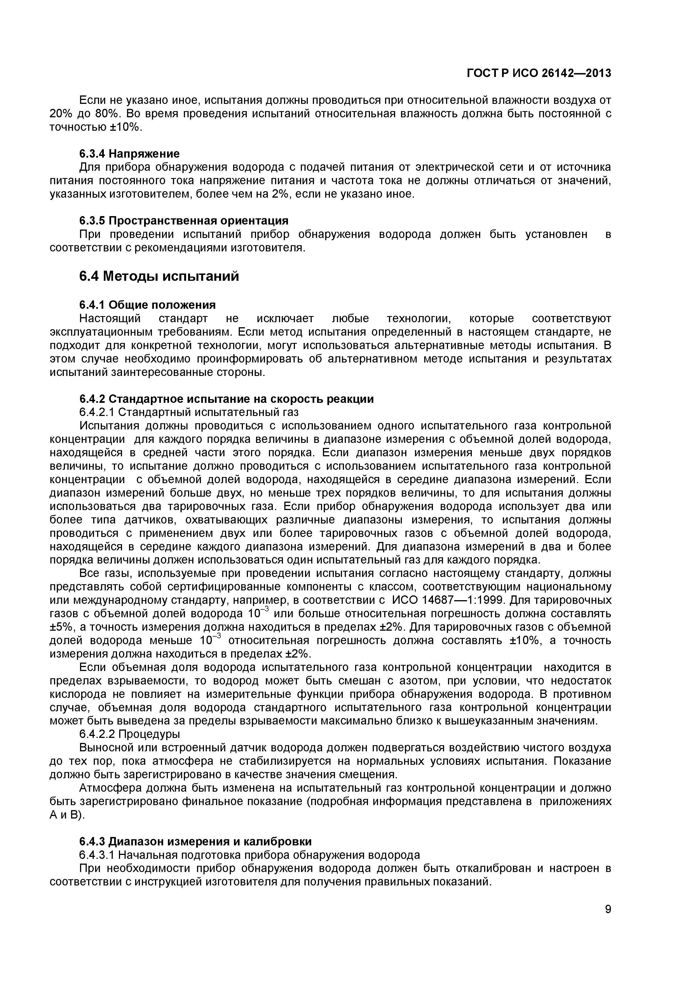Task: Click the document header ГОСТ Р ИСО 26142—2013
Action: pyautogui.click(x=538, y=73)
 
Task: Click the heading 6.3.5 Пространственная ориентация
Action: pyautogui.click(x=184, y=221)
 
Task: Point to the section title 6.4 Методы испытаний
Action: pyautogui.click(x=159, y=277)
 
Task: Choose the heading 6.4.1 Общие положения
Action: pyautogui.click(x=147, y=305)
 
